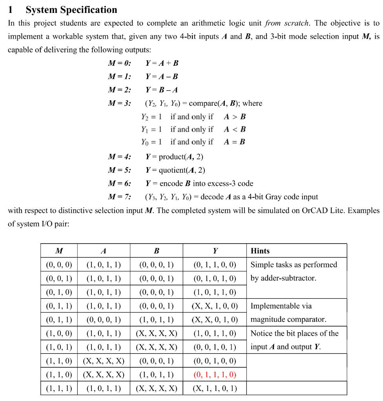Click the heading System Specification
pos(71,10)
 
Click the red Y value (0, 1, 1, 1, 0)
pos(215,375)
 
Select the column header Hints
pos(260,251)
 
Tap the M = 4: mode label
pos(119,157)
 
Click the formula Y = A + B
pos(162,63)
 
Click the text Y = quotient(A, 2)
pos(175,170)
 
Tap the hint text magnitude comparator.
pos(288,320)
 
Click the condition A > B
pos(235,117)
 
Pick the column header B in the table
pos(156,251)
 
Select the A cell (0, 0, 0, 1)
pos(103,320)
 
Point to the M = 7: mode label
pos(119,197)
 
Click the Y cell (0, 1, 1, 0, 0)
pos(215,265)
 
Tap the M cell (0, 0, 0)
pos(59,265)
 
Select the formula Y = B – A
pos(162,90)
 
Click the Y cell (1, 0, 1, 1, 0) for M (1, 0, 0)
pos(215,334)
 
